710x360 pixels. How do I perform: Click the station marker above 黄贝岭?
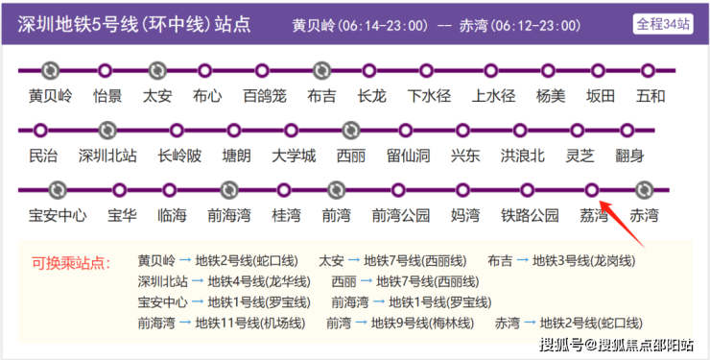(50, 71)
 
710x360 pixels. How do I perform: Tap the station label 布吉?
(321, 96)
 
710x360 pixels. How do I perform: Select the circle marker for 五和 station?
(648, 71)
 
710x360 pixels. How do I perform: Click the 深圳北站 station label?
(107, 156)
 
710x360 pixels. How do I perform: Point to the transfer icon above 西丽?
(350, 131)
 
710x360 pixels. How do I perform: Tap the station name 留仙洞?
(408, 156)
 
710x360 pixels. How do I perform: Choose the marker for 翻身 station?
(627, 131)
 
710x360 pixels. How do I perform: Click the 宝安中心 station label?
(58, 215)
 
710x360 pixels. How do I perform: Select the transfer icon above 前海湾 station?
(229, 190)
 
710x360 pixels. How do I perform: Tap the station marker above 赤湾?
(644, 190)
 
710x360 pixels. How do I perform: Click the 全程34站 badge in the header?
(663, 24)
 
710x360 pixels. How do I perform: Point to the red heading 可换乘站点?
(71, 263)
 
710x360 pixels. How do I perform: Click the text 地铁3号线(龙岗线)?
(583, 261)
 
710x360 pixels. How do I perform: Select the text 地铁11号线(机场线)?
(250, 324)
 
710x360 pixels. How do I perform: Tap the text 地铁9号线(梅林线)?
(422, 324)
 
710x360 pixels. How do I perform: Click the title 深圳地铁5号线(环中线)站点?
(134, 24)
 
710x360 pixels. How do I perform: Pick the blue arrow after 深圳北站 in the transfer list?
(198, 281)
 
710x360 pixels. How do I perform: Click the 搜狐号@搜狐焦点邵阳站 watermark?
(616, 345)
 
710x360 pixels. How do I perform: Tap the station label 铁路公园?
(530, 215)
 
